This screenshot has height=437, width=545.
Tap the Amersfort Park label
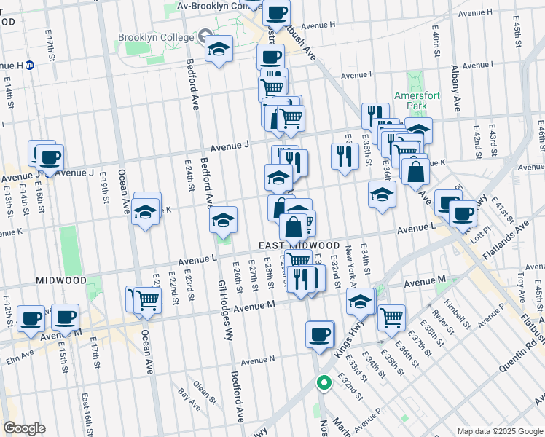414,101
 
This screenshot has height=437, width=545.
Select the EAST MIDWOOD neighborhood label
299,245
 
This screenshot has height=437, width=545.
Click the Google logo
24,428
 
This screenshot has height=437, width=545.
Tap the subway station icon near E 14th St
31,65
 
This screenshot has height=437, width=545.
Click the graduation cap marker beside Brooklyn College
218,49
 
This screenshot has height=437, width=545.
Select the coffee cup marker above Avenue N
318,334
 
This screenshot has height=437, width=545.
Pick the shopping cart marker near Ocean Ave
147,298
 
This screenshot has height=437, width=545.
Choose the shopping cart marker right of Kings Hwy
391,317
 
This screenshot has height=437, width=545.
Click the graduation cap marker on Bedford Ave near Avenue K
223,219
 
